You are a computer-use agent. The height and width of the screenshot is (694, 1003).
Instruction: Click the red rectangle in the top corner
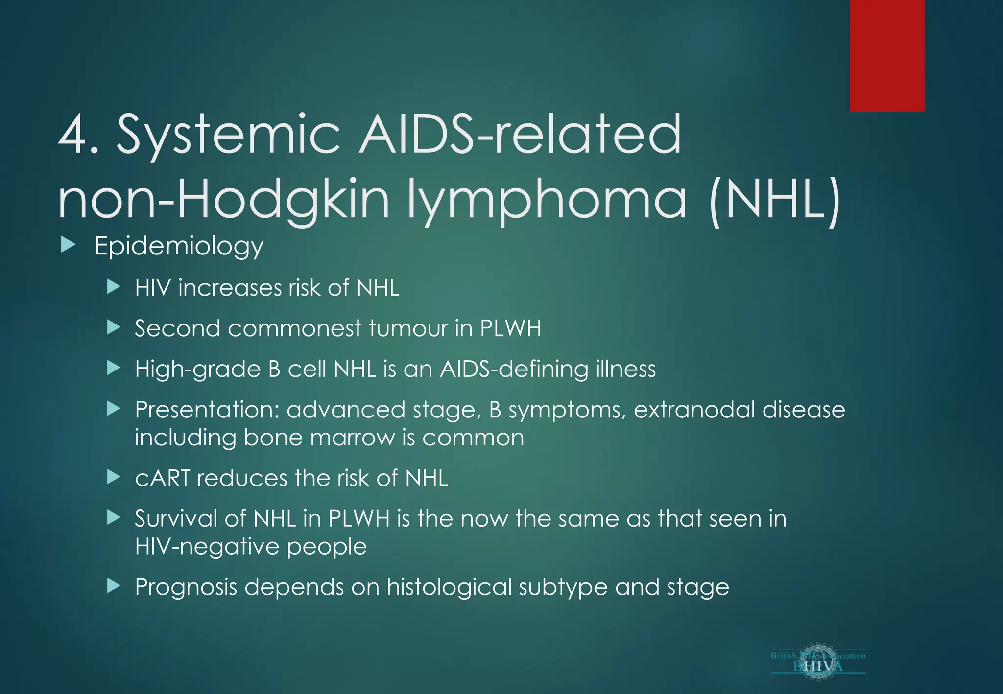pos(887,55)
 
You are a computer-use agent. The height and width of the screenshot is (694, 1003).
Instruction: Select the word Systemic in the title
pos(228,135)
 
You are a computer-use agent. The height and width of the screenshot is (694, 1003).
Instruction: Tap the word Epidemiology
pos(179,246)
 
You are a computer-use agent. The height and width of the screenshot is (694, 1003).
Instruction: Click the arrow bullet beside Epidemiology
pos(68,245)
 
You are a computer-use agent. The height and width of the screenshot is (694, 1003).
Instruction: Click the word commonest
pos(295,328)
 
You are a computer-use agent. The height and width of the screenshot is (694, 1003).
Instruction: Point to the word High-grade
pos(198,369)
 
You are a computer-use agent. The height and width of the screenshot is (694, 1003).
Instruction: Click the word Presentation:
pos(207,410)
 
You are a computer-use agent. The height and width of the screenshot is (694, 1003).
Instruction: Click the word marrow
pos(352,438)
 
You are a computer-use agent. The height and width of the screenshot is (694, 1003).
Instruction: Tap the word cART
pos(162,478)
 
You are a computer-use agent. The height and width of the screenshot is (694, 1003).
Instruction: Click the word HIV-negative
pos(206,546)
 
